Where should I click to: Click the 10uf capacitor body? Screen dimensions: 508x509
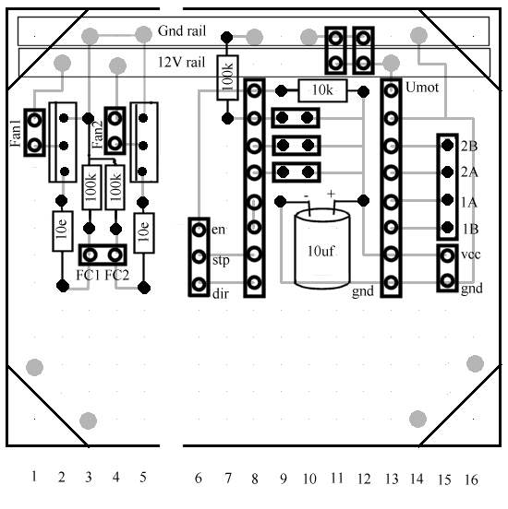tap(322, 249)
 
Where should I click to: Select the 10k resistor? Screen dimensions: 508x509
tap(322, 91)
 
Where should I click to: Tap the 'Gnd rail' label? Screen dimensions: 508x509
tap(182, 30)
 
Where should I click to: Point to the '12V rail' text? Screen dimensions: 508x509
tap(181, 62)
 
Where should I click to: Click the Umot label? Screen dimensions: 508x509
tap(422, 88)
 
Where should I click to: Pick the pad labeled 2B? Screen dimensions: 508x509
tap(448, 145)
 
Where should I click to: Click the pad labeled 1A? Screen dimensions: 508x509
tap(448, 200)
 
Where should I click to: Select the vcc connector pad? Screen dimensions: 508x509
tap(448, 255)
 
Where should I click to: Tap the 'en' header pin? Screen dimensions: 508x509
tap(199, 230)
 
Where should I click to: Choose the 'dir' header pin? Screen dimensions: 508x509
tap(199, 285)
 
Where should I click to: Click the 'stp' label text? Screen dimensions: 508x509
tap(221, 261)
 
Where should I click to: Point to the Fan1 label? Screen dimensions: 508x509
tap(16, 133)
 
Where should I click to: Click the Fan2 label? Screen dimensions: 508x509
tap(97, 135)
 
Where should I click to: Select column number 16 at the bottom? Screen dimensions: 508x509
tap(471, 479)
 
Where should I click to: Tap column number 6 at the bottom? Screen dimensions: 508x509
tap(199, 478)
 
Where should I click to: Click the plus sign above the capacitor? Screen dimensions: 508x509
tap(331, 194)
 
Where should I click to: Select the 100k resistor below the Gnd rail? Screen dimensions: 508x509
tap(227, 77)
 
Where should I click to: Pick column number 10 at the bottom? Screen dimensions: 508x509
tap(309, 479)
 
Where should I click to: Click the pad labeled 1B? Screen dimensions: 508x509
tap(448, 227)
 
